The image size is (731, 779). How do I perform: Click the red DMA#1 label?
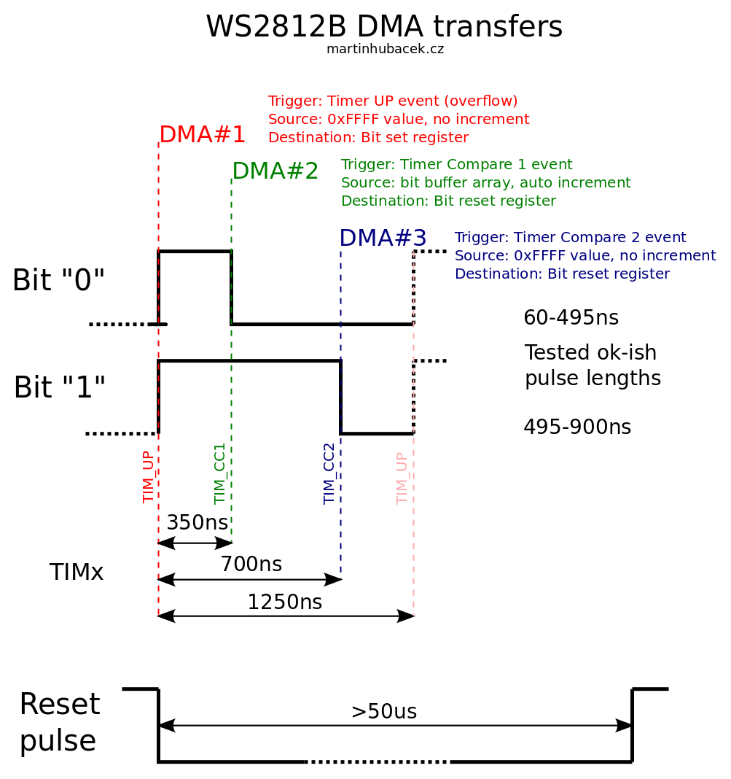pos(202,135)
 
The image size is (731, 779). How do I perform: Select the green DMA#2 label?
pos(275,171)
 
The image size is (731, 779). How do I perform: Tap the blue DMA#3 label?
pos(383,239)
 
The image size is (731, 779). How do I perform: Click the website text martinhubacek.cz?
pos(385,50)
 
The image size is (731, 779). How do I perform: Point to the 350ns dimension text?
pos(197,523)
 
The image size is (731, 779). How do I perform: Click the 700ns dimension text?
pos(251,565)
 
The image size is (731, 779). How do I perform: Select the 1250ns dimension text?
pos(284,602)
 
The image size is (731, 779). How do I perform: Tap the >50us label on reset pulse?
pos(383,712)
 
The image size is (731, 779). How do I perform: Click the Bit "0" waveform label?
pos(58,281)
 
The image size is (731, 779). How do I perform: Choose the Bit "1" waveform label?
pos(59,388)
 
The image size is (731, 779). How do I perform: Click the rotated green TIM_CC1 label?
pos(220,473)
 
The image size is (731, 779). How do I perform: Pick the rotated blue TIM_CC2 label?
pos(329,473)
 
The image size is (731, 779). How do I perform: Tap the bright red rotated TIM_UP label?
pos(149,476)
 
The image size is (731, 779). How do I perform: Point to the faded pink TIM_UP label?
pos(402,478)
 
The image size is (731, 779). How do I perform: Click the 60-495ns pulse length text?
pos(571,318)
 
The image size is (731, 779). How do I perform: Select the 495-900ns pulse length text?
pos(576,427)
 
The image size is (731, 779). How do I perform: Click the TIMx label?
pos(77,573)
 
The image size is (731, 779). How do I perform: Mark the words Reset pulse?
pos(59,723)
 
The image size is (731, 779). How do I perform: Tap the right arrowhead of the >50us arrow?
pos(625,725)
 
